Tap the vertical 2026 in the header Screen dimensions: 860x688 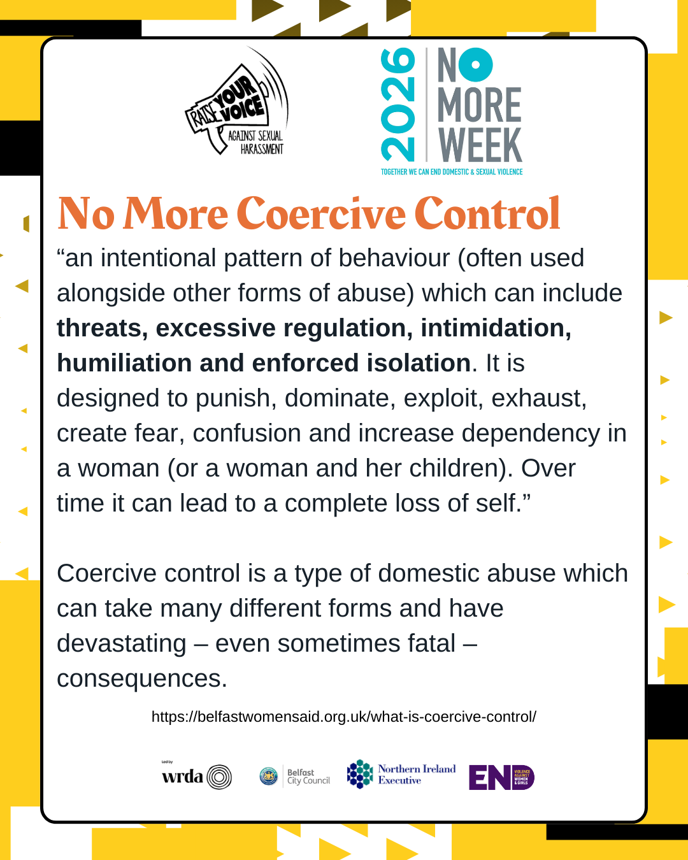point(398,105)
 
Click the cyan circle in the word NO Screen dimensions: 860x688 point(475,65)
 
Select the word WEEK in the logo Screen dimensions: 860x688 point(480,145)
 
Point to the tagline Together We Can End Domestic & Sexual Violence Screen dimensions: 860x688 point(452,172)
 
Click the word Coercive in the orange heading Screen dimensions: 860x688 point(322,213)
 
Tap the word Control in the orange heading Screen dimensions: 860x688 point(487,213)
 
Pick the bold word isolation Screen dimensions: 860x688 point(418,363)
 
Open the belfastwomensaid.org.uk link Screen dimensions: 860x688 point(344,717)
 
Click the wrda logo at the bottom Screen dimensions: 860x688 point(196,777)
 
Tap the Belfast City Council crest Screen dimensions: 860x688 point(269,777)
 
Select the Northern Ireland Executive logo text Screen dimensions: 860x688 point(417,774)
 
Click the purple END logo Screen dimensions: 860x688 point(501,777)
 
